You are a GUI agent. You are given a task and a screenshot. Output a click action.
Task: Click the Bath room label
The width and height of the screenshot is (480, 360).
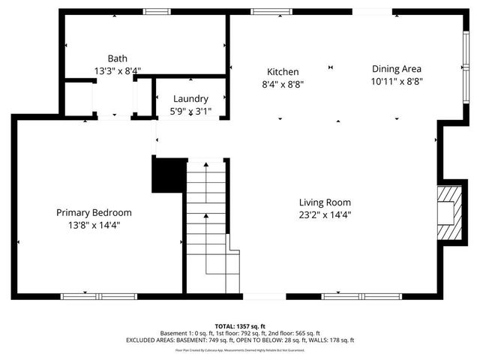(117, 58)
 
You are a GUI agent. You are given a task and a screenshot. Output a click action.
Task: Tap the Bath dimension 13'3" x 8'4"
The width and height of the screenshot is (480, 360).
(117, 70)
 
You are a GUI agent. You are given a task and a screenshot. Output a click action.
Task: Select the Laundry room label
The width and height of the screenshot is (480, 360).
(190, 99)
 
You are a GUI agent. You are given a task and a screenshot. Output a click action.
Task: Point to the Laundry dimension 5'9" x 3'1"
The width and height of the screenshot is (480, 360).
(190, 111)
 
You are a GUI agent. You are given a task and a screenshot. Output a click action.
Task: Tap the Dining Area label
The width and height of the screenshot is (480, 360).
(397, 69)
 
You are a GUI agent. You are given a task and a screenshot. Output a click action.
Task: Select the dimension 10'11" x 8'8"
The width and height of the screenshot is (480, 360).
(397, 81)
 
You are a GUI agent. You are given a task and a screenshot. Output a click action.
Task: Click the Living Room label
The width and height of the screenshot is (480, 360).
(325, 202)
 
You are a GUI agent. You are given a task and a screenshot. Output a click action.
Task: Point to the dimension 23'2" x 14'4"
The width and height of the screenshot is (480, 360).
(325, 214)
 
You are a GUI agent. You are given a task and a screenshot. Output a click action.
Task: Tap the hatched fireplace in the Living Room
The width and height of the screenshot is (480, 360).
(448, 213)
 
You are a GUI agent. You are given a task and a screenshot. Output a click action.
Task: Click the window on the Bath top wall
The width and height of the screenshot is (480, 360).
(156, 11)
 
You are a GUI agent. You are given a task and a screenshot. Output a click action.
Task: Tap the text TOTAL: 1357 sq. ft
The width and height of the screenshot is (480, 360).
(240, 326)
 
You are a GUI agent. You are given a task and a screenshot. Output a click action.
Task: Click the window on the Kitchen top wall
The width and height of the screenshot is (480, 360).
(266, 11)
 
